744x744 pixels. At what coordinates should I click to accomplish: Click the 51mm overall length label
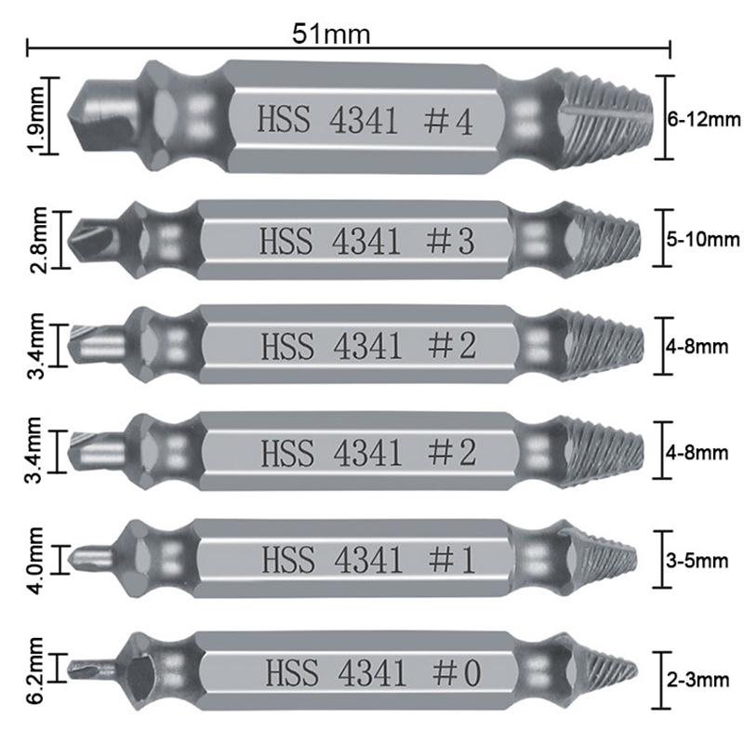coord(331,33)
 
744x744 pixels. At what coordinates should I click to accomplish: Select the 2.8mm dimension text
coord(38,240)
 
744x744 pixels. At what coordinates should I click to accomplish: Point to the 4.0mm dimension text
coord(35,560)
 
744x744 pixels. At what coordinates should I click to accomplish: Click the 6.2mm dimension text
coord(35,671)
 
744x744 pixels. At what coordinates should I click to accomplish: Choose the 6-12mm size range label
coord(704,119)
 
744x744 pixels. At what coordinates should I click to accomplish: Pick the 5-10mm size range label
coord(703,239)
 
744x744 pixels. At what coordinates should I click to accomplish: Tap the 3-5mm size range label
coord(697,561)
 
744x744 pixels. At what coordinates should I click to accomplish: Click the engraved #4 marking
coord(447,122)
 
